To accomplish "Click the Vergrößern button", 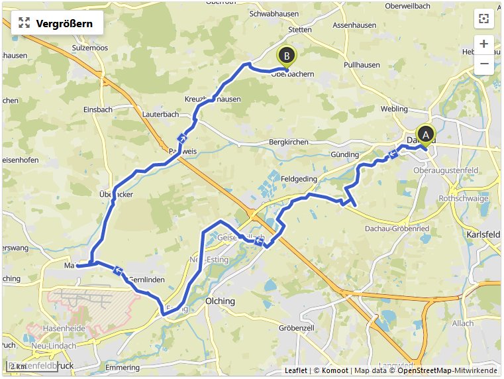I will coord(57,23).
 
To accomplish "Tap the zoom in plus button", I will coord(484,44).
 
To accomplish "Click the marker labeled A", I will coord(425,134).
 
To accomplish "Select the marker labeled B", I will coord(287,56).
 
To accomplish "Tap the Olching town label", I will coord(221,301).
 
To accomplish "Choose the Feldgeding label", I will coord(299,179).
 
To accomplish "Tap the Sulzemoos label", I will coord(89,48).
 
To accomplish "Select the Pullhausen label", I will coord(362,66).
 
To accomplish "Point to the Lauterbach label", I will coord(161,114).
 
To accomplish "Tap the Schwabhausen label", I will coord(272,13).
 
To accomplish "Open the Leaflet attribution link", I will coord(295,370).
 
